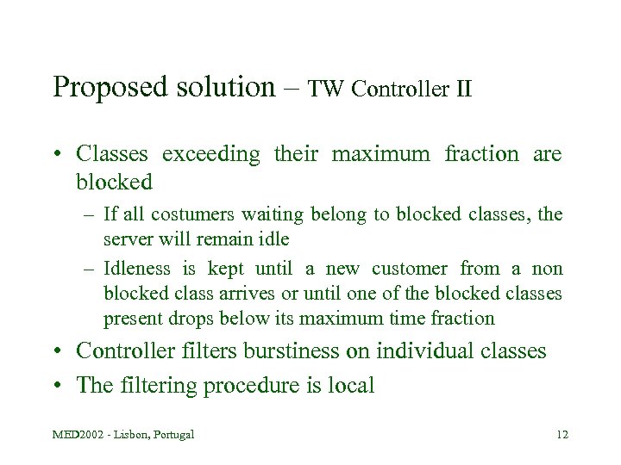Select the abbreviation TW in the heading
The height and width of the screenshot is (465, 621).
point(325,89)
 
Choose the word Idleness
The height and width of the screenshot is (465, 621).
point(137,270)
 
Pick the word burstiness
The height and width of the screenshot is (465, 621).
point(301,351)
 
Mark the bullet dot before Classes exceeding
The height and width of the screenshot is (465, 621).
point(56,155)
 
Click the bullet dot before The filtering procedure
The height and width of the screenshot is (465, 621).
point(56,385)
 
